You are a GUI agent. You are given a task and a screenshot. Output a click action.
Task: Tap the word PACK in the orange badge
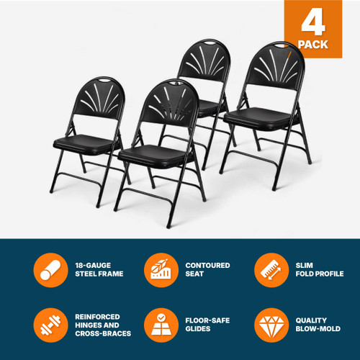tap(314, 45)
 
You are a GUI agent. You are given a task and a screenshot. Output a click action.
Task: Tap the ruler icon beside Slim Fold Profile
tap(268, 270)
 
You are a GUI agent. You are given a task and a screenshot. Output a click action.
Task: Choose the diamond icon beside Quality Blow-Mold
tap(268, 325)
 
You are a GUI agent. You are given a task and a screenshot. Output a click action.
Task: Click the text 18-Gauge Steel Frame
tap(99, 270)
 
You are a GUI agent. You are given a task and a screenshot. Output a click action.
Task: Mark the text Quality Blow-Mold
tap(316, 325)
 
